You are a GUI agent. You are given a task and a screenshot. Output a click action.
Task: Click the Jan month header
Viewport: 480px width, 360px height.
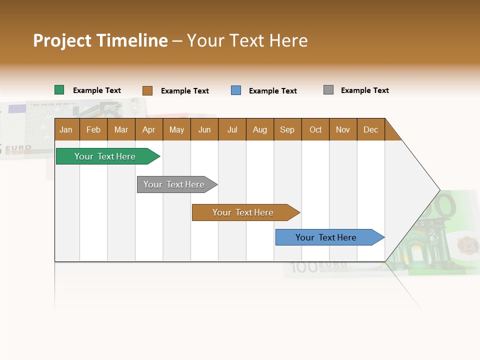point(66,129)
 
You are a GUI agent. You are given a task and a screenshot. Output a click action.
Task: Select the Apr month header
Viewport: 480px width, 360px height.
point(148,129)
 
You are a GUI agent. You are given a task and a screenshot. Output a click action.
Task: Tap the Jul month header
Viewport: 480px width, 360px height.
point(232,129)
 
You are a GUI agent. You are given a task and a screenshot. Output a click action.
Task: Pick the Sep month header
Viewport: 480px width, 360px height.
point(287,129)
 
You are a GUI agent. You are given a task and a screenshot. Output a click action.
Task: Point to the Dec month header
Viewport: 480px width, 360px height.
point(370,129)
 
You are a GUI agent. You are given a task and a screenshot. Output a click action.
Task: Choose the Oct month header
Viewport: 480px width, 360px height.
point(315,129)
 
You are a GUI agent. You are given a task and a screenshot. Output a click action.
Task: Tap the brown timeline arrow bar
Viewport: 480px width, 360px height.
point(243,212)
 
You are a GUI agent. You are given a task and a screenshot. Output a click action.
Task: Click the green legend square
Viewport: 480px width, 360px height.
point(59,90)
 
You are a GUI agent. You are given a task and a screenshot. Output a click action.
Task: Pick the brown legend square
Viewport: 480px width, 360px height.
point(147,90)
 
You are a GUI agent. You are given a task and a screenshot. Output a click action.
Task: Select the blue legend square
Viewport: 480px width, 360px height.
point(236,90)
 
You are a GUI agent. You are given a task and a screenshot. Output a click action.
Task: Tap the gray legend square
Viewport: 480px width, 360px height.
point(328,90)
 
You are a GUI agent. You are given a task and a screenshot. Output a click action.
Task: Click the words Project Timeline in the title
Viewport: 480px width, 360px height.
point(100,40)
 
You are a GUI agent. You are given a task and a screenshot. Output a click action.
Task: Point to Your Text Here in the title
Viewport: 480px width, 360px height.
point(247,40)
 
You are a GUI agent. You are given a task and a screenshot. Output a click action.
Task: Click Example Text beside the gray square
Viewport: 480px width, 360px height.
point(364,90)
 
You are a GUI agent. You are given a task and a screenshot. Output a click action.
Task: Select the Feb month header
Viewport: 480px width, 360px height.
point(93,129)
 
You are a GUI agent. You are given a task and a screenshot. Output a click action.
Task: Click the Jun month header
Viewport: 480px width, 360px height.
point(204,129)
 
